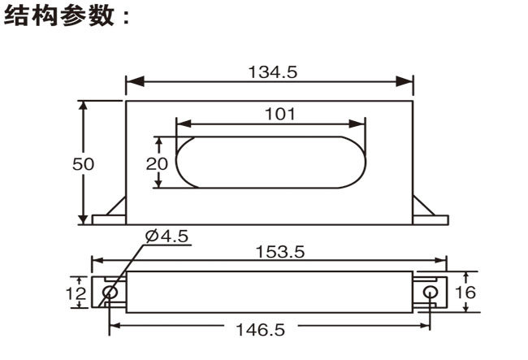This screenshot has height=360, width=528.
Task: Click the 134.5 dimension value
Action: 272,72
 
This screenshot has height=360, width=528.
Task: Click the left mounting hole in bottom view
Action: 111,292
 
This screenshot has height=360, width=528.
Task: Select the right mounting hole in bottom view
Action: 431,292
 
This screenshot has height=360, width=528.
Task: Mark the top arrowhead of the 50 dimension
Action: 83,106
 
